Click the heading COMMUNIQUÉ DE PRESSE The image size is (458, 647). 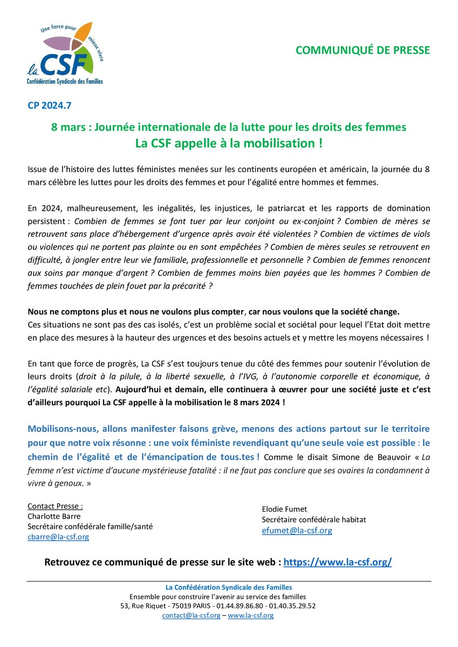click(363, 50)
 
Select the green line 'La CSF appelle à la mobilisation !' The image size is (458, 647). click(229, 144)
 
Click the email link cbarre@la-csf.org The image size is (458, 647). click(58, 536)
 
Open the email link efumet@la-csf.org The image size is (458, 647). click(297, 530)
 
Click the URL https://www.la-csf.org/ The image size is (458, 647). click(338, 562)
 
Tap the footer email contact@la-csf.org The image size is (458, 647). click(191, 615)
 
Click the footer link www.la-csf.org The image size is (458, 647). click(251, 615)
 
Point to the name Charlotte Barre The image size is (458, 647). click(53, 516)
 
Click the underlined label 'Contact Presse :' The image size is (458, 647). click(55, 506)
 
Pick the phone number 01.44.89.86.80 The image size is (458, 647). click(241, 606)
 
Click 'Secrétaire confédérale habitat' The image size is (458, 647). click(314, 520)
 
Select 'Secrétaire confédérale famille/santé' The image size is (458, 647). click(90, 526)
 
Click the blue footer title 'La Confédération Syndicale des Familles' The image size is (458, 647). click(229, 587)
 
